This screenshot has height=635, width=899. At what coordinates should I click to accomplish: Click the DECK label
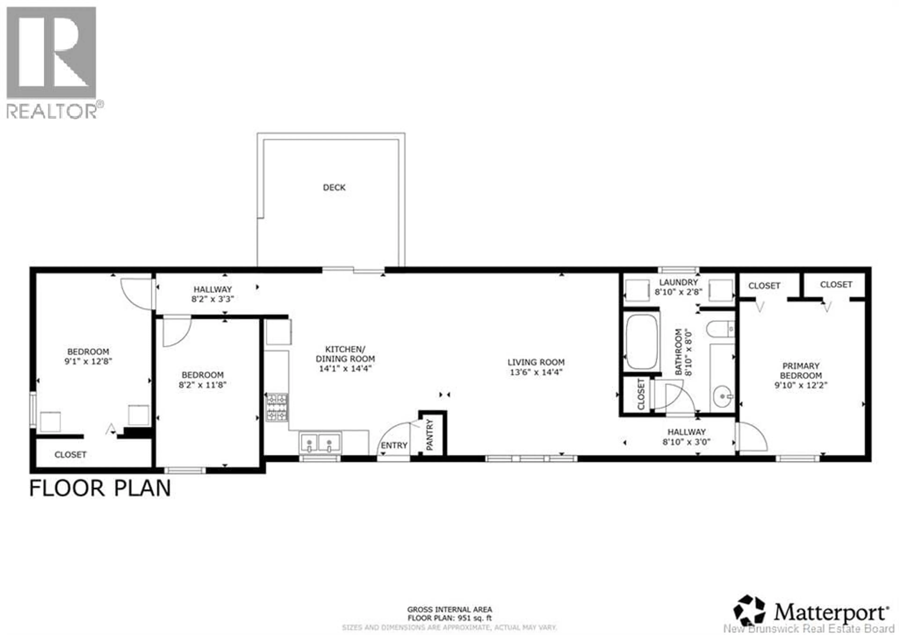pyautogui.click(x=334, y=188)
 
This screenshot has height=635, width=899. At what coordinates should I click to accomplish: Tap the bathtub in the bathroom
pyautogui.click(x=641, y=341)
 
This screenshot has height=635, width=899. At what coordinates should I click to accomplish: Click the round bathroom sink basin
pyautogui.click(x=722, y=396)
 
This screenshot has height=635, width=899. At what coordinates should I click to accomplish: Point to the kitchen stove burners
pyautogui.click(x=277, y=407)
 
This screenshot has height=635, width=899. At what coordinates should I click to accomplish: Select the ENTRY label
pyautogui.click(x=394, y=446)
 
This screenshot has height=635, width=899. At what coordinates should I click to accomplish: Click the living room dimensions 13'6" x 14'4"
pyautogui.click(x=536, y=372)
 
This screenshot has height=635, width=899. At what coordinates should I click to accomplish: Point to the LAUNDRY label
pyautogui.click(x=678, y=282)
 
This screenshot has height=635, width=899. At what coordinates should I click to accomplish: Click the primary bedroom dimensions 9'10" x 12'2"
pyautogui.click(x=801, y=385)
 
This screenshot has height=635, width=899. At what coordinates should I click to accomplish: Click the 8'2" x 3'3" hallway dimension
pyautogui.click(x=213, y=299)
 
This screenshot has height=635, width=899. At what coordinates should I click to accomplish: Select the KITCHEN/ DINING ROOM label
pyautogui.click(x=345, y=354)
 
